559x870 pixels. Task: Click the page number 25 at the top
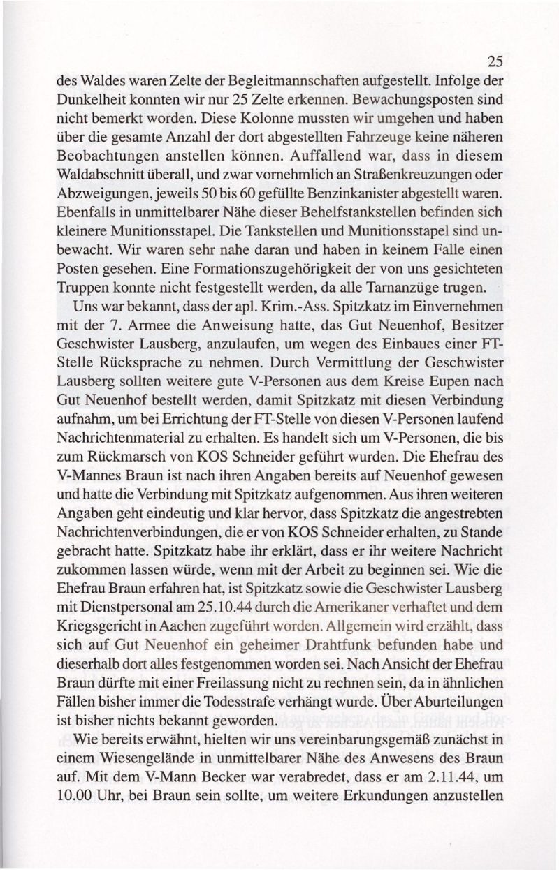pos(494,61)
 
